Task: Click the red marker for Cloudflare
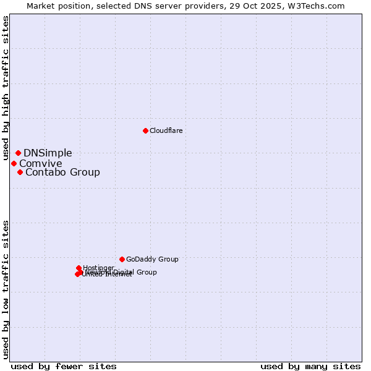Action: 145,130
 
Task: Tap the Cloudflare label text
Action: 166,131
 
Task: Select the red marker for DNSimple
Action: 18,153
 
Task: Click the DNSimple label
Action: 48,153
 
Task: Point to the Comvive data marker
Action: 14,163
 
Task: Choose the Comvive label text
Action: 40,164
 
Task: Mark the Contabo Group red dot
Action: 20,172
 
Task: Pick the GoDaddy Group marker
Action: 122,259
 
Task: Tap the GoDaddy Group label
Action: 151,260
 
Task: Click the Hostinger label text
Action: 98,268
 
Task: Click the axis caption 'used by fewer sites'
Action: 63,366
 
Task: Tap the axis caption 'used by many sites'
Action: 310,366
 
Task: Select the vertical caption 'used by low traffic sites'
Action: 6,289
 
